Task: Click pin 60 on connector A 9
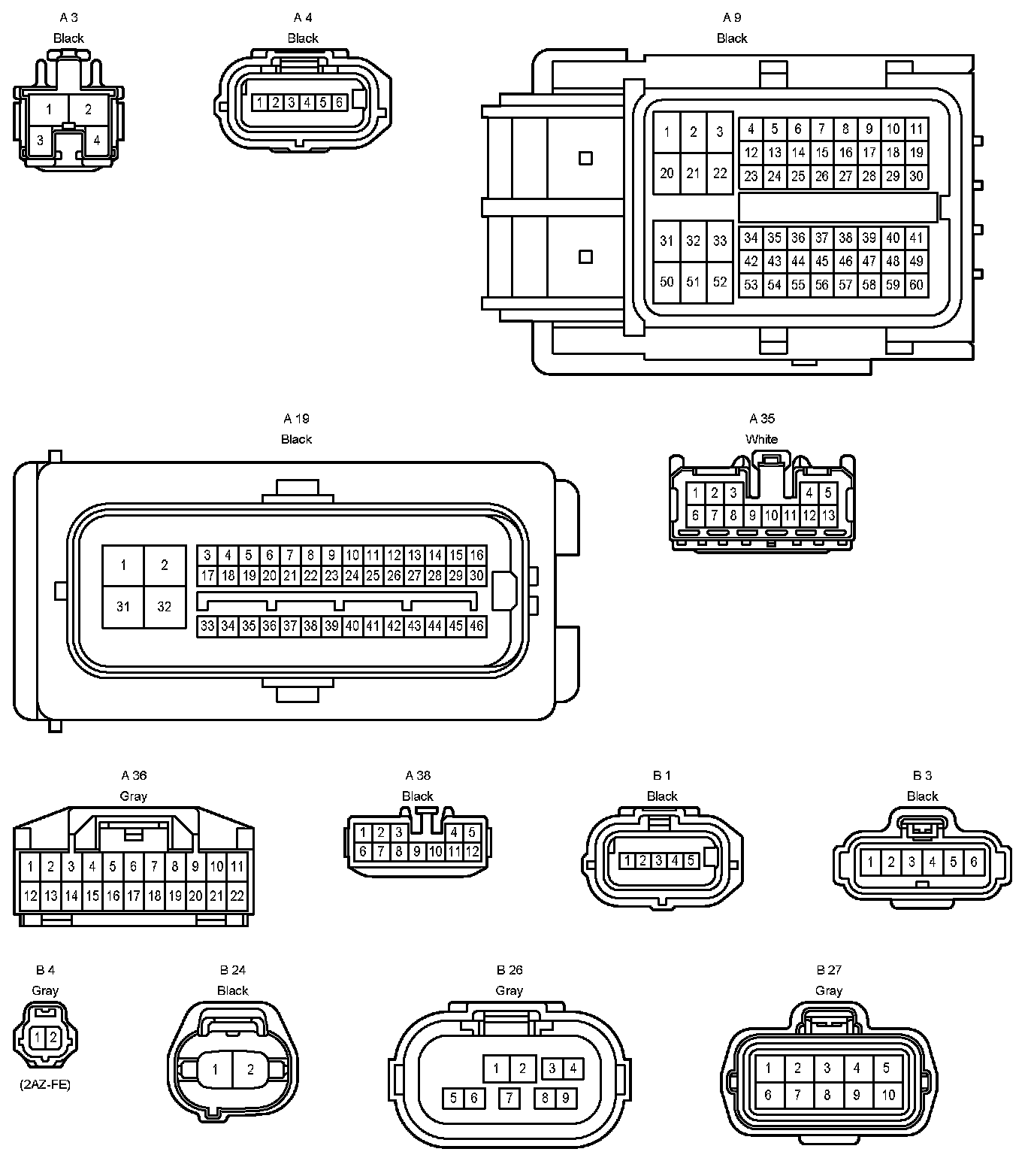coord(916,285)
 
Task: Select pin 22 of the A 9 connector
coord(720,174)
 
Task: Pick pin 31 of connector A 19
coord(123,607)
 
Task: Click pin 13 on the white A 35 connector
coord(828,516)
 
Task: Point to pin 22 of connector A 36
coord(237,896)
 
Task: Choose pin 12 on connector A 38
coord(472,851)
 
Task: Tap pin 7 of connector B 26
coord(509,1099)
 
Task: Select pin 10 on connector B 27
coord(888,1095)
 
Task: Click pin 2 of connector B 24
coord(251,1069)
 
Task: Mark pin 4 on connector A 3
coord(96,140)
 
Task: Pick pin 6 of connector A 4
coord(339,102)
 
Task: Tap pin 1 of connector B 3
coord(870,862)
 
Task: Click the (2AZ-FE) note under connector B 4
coord(45,1085)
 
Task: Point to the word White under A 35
coord(761,439)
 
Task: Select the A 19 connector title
coord(296,419)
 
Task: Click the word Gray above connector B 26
coord(509,990)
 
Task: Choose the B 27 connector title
coord(829,970)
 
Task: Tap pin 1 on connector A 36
coord(30,866)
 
